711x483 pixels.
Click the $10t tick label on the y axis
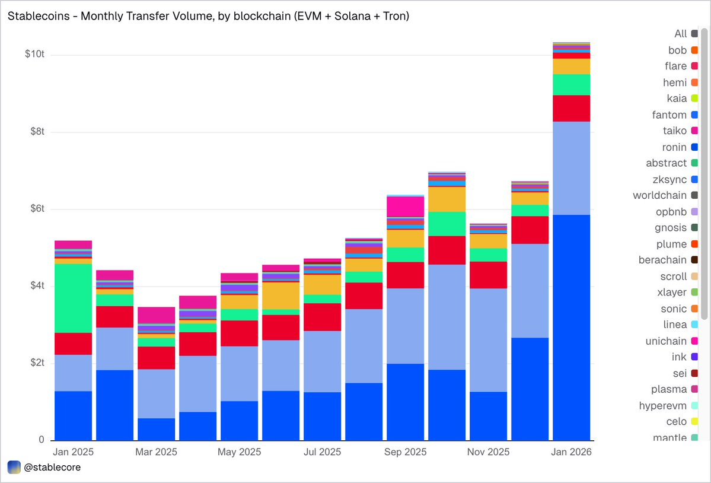click(35, 55)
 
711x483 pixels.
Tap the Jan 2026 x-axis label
click(572, 452)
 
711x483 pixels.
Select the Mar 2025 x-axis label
click(156, 452)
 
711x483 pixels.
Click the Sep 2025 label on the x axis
click(406, 452)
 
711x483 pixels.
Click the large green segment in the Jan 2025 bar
click(73, 298)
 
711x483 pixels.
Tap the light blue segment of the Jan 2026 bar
click(571, 168)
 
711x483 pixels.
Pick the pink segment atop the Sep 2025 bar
click(405, 206)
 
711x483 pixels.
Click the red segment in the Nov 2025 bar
click(488, 275)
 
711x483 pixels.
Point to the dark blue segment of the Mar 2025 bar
click(156, 429)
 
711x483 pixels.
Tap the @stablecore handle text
click(52, 467)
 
